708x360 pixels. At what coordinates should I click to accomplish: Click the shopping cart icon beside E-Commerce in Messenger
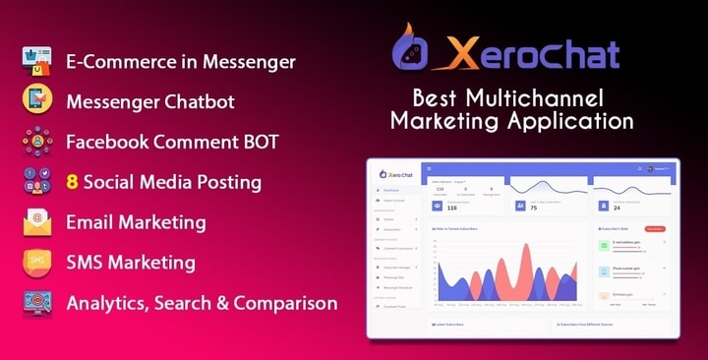(x=36, y=61)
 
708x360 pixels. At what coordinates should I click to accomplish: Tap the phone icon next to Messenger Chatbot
(x=36, y=101)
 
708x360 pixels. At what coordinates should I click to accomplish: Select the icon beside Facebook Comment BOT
(x=36, y=142)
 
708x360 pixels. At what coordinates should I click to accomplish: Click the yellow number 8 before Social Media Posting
(x=72, y=182)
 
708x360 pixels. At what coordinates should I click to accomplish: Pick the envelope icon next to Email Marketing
(x=36, y=222)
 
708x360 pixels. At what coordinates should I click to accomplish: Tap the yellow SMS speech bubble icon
(x=36, y=263)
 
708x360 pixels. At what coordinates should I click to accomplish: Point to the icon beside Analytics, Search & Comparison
(x=36, y=303)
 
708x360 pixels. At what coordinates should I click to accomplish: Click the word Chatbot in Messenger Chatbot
(x=203, y=101)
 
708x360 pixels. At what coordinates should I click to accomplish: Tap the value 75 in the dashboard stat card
(x=534, y=208)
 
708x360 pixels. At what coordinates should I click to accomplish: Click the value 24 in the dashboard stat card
(x=618, y=208)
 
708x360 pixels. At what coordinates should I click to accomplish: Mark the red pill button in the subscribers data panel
(x=654, y=228)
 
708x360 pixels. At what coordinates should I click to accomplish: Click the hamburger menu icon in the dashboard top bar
(x=429, y=168)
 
